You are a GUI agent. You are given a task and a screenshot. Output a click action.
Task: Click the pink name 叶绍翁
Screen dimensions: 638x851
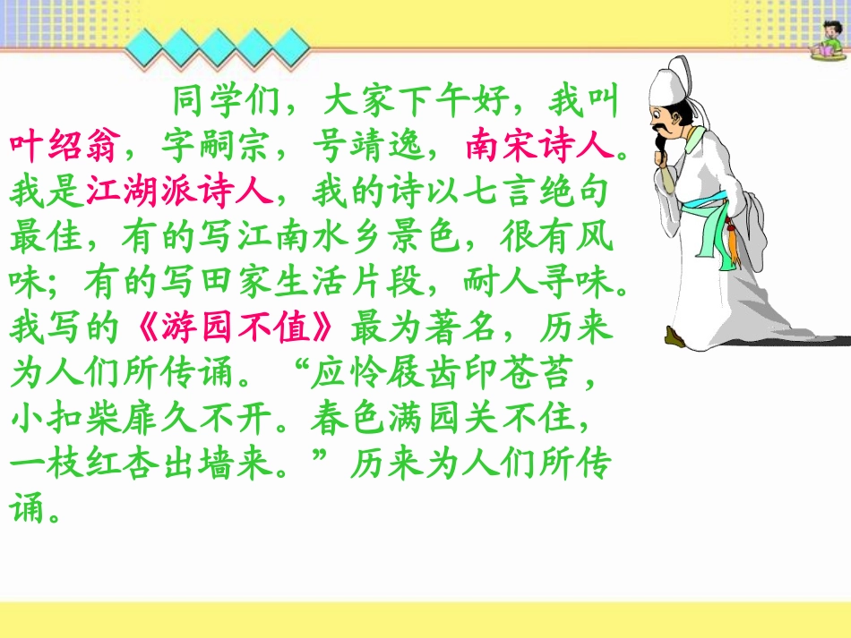coord(63,145)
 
